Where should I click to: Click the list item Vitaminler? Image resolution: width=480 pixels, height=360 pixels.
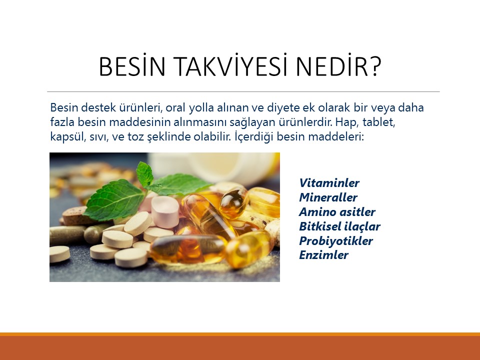pos(329,183)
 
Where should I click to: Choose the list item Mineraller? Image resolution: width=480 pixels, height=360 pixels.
pos(328,197)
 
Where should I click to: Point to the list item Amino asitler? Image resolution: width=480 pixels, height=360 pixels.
pos(337,212)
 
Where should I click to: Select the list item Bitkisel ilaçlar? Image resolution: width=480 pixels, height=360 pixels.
pos(339,226)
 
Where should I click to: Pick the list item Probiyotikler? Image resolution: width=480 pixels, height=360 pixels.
pos(336,241)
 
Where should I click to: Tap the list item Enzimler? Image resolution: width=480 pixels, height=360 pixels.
pos(323,255)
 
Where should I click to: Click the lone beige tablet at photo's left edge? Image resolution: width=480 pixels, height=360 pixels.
pos(58,254)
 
